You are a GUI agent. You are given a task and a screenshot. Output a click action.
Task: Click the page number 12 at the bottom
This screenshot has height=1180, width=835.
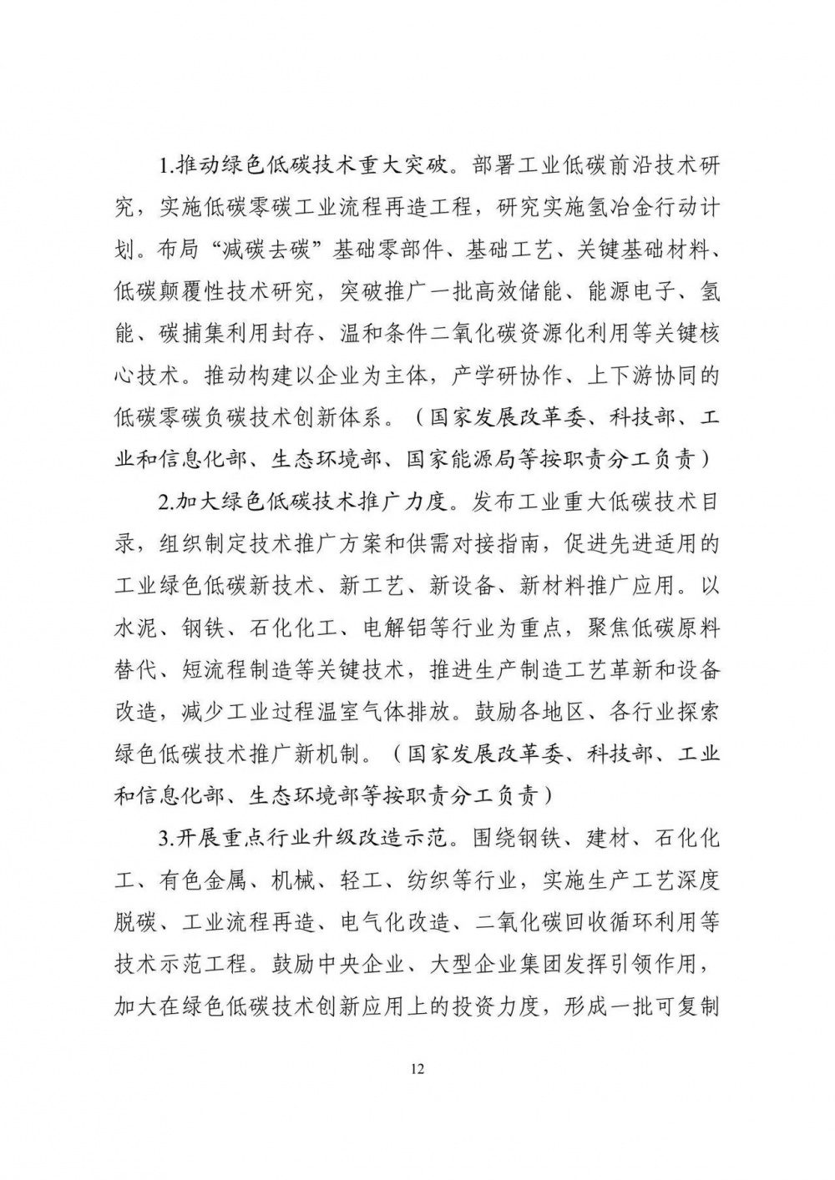(418, 1069)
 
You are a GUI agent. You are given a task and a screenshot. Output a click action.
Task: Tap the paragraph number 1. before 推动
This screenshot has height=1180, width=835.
(167, 164)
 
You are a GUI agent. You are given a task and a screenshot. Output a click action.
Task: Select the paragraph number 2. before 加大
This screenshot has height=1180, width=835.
(167, 503)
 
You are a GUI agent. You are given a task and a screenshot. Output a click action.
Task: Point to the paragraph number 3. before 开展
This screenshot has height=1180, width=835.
(167, 838)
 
